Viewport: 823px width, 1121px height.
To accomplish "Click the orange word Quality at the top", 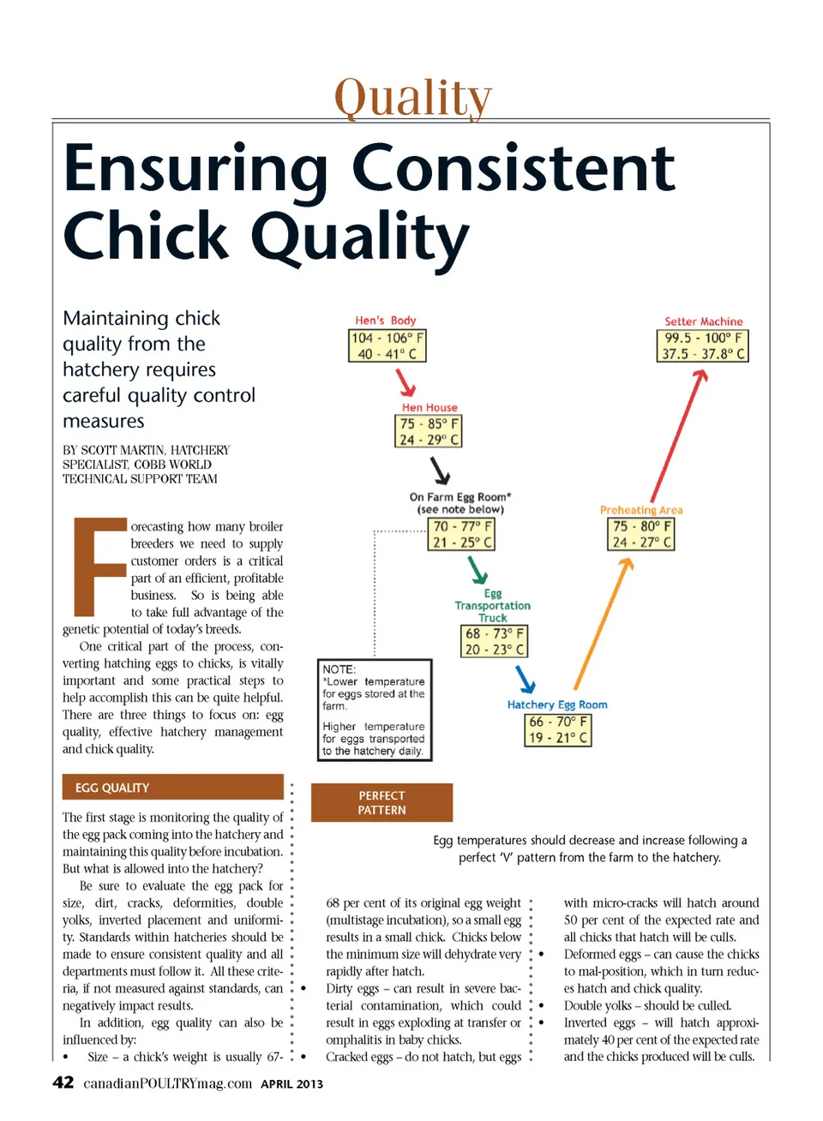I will [x=413, y=98].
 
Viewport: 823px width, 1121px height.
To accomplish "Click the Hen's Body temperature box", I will [x=387, y=345].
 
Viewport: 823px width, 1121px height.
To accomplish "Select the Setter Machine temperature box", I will [x=703, y=345].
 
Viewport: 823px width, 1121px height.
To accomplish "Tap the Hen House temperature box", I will [x=429, y=431].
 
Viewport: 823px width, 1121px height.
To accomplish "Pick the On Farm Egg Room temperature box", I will [x=461, y=534].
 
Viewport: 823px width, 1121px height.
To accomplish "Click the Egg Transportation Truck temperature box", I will [x=494, y=641].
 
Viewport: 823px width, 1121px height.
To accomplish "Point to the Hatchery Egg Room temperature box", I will [x=558, y=729].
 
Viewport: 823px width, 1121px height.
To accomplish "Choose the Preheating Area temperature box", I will [x=641, y=534].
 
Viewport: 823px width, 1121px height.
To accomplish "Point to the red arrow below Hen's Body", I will [x=405, y=381].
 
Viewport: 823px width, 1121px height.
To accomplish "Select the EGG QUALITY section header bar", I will [x=172, y=788].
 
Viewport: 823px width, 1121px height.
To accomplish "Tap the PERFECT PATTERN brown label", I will [x=381, y=803].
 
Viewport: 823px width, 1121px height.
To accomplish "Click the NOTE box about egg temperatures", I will [x=375, y=710].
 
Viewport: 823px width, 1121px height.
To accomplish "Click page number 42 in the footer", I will [x=63, y=1082].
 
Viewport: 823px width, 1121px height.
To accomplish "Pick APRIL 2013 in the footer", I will [x=291, y=1084].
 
